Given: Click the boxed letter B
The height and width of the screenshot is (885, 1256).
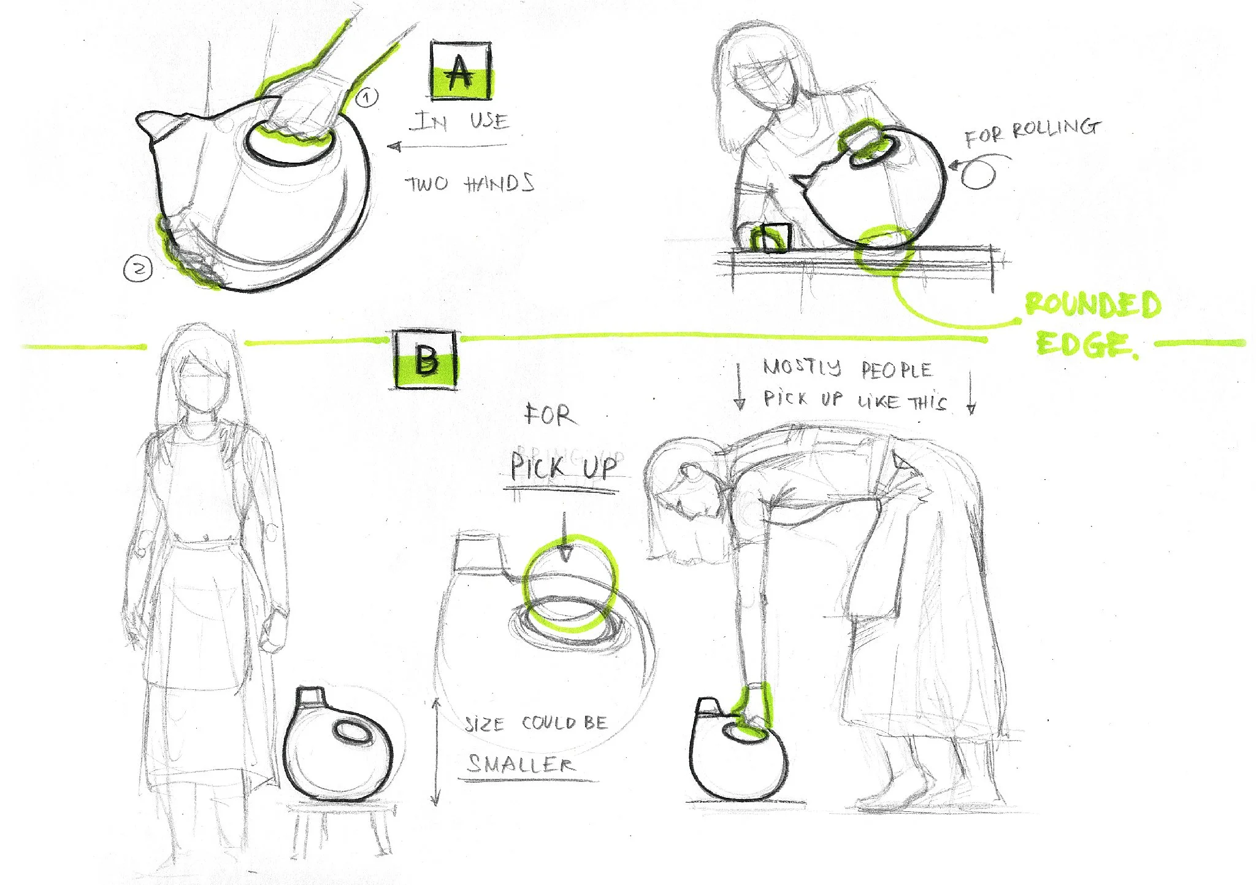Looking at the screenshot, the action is (426, 360).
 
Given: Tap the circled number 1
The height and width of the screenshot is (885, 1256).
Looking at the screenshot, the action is (367, 97).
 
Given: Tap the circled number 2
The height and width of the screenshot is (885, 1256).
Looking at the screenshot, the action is (138, 269).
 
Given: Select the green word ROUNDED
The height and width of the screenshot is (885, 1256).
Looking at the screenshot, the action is (1093, 306).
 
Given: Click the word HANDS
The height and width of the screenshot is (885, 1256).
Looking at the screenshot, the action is (499, 184).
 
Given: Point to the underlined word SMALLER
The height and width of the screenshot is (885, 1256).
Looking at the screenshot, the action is (520, 764).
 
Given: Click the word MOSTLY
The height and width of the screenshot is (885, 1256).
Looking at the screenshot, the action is (802, 367).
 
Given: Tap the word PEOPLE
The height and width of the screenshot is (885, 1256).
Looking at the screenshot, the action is (897, 370).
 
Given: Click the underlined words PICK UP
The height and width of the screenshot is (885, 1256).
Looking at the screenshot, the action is (564, 468).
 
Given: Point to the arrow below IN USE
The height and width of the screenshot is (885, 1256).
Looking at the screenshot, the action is (447, 146).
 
